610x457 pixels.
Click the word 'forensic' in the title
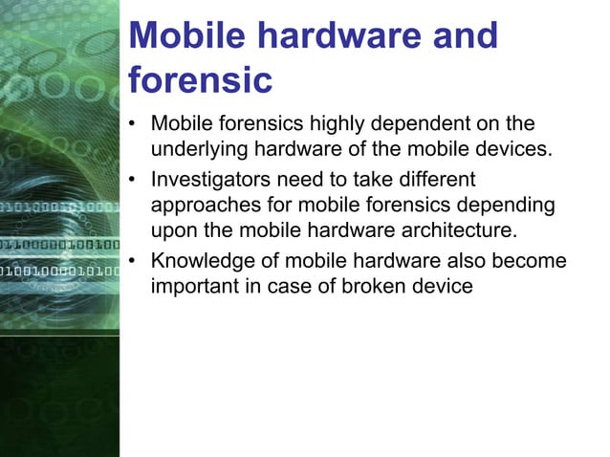coord(200,79)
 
